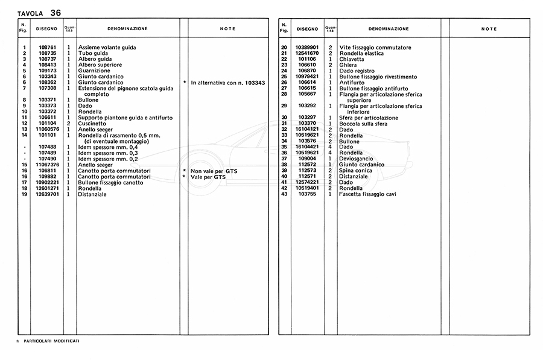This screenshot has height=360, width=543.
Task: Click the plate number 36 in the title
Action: click(x=56, y=12)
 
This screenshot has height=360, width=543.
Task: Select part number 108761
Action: click(x=48, y=47)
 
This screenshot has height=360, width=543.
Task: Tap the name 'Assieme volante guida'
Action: click(x=107, y=47)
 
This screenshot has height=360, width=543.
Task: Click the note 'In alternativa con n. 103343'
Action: click(x=228, y=82)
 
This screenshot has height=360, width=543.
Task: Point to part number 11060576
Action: click(x=48, y=129)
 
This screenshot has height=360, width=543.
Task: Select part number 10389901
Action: click(x=307, y=47)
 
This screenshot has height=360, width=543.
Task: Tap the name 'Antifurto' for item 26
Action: click(x=352, y=83)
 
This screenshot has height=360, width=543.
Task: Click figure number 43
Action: click(x=284, y=194)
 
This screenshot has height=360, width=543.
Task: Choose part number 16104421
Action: click(x=307, y=147)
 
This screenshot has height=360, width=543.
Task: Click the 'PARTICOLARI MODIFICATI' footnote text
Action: click(x=52, y=341)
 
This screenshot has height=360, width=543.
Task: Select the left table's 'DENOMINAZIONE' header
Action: click(x=127, y=29)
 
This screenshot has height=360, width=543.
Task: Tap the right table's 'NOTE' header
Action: click(x=489, y=29)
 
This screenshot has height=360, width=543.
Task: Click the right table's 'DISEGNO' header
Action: click(x=307, y=29)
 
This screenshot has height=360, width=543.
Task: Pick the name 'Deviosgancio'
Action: click(x=357, y=159)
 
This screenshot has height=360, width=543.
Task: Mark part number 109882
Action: click(x=48, y=177)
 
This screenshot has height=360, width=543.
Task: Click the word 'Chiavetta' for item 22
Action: click(x=352, y=59)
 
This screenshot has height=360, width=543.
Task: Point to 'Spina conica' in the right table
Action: click(x=355, y=171)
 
